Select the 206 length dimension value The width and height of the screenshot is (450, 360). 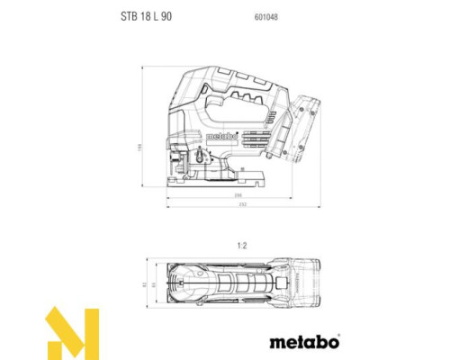[x=213, y=194]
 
